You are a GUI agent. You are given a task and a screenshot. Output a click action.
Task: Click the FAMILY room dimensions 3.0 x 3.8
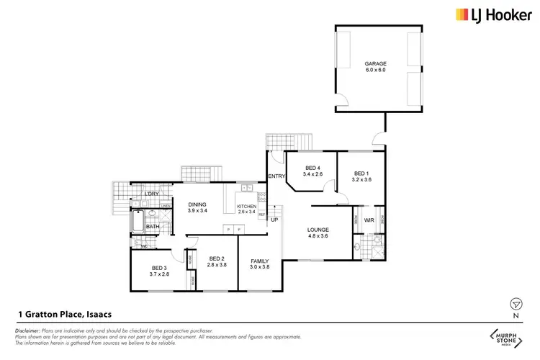click(x=259, y=267)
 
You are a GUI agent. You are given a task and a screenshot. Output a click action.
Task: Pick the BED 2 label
click(x=217, y=258)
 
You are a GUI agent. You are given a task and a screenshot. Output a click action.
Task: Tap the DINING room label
click(x=197, y=204)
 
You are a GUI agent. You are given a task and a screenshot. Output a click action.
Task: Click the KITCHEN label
click(x=246, y=207)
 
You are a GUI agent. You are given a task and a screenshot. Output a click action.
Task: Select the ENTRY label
click(x=276, y=176)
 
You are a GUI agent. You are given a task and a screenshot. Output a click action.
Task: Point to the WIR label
click(x=369, y=220)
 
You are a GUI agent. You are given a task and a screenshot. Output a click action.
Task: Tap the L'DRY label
click(x=151, y=194)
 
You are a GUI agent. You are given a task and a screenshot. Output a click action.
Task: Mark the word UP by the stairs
click(x=274, y=220)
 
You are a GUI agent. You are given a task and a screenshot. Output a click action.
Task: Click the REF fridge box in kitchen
click(x=261, y=215)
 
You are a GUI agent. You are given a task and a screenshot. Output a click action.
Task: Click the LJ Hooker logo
click(x=486, y=14)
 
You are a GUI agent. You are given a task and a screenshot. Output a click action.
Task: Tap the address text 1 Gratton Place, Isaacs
click(x=64, y=315)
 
